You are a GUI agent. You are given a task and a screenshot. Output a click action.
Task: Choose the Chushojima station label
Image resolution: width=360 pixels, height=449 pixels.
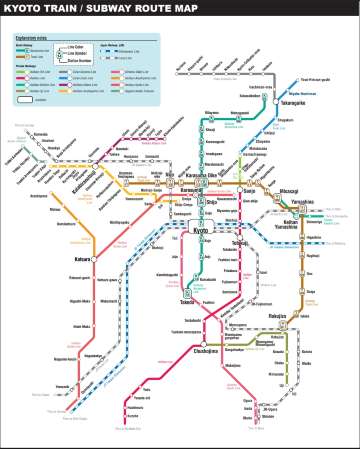click(x=204, y=350)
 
